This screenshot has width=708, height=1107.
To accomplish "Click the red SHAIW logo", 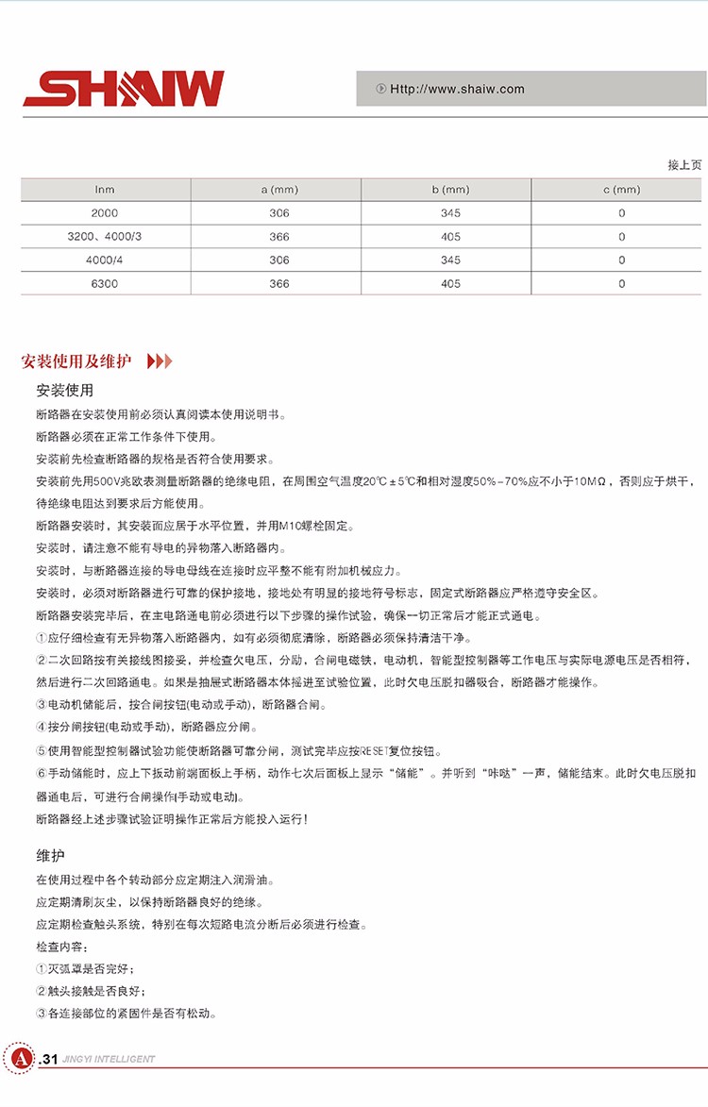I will (124, 89).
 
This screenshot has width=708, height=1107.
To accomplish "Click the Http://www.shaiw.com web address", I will (457, 90).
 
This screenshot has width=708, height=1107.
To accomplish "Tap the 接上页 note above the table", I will (684, 165).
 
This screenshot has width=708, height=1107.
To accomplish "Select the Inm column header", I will (105, 190).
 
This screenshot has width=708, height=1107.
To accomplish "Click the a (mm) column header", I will (279, 190).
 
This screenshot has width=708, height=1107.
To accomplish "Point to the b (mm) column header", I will (450, 190).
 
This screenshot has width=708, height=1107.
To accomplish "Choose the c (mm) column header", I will (621, 190).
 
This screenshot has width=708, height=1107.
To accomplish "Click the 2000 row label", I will (105, 213).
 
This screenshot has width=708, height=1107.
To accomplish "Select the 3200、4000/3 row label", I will (105, 237).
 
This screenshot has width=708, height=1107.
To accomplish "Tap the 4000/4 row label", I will (105, 260).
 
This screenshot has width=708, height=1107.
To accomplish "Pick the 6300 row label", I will (105, 283).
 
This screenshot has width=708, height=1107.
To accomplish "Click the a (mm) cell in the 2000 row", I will (279, 213).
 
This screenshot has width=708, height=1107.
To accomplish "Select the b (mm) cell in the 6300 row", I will (450, 283).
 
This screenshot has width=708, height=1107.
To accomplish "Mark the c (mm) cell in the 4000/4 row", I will (621, 260).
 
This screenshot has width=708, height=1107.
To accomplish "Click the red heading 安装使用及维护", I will (79, 361).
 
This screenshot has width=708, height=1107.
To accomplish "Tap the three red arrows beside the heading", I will (160, 361).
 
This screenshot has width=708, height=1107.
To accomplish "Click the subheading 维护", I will (50, 857).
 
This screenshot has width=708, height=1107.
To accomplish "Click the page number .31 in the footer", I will (49, 1059).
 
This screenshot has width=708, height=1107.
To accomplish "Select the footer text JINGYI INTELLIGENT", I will (109, 1059).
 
